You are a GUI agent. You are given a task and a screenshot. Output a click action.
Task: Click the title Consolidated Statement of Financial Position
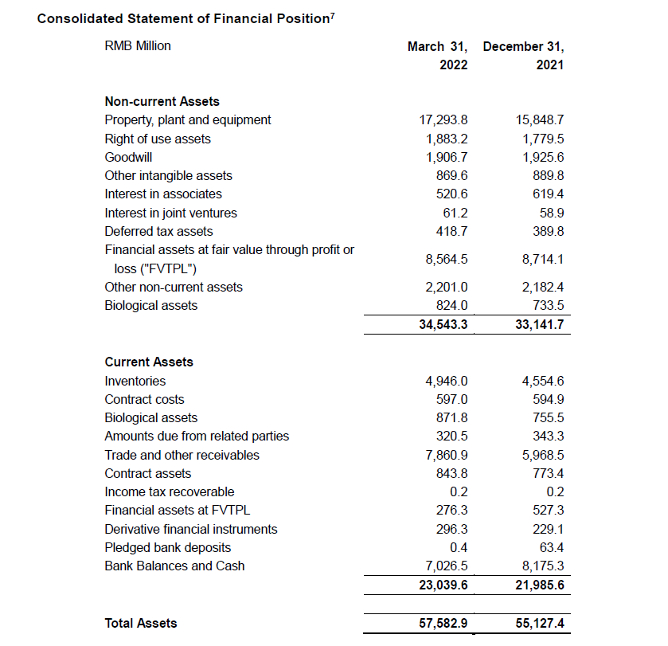(183, 18)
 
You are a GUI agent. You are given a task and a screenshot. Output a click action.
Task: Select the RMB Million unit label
(138, 46)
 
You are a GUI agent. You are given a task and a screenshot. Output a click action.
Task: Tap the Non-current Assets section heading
(162, 101)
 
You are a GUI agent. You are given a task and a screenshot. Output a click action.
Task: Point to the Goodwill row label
(128, 157)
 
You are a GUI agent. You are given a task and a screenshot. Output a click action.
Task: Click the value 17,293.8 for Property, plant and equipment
(443, 120)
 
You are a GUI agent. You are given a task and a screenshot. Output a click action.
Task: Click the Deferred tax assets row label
(158, 231)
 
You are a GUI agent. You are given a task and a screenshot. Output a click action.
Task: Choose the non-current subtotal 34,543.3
(443, 324)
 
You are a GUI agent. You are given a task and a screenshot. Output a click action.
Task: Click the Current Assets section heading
(149, 362)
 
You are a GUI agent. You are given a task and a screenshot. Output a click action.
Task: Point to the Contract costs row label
(144, 399)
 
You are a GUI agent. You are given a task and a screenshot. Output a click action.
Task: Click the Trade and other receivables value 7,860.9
(446, 456)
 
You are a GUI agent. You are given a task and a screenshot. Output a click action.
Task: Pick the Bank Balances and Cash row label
(174, 566)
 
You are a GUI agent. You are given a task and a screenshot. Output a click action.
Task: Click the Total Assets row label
(141, 623)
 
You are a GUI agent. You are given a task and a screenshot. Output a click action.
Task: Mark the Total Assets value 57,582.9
(443, 623)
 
